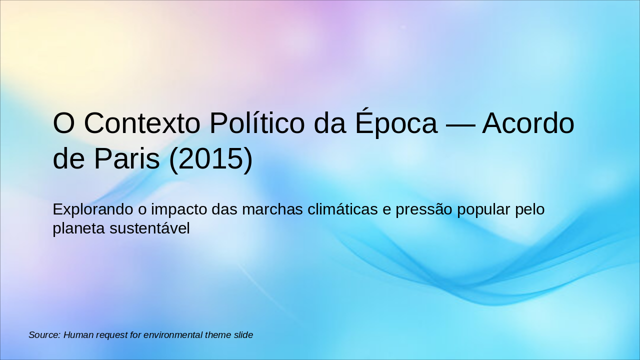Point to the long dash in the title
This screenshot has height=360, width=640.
tap(459, 124)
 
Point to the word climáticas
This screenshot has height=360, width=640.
tap(342, 209)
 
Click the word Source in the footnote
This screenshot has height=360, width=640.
tap(44, 335)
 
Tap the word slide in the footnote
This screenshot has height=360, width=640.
tap(242, 335)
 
